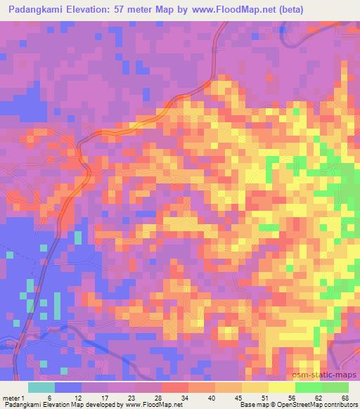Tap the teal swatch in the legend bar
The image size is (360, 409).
[41, 388]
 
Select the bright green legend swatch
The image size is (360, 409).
[309, 388]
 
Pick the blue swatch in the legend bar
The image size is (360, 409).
[68, 388]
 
